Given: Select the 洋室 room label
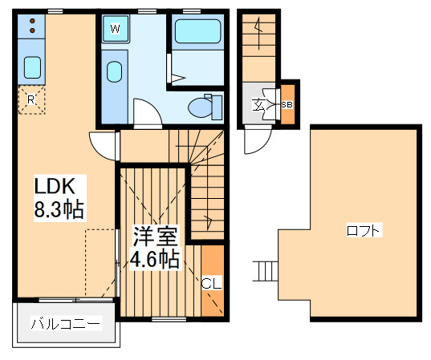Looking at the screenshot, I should [x=155, y=236].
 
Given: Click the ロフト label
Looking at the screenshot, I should [x=364, y=231].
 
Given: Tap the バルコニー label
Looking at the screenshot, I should [x=66, y=325].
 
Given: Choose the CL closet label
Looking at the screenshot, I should [x=210, y=282].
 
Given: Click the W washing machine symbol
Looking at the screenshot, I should [x=116, y=30].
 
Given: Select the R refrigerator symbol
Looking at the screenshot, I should [x=30, y=99].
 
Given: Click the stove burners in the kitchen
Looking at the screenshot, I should [x=32, y=26].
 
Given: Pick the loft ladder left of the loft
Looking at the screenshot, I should [x=265, y=271].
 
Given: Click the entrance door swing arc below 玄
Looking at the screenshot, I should [x=258, y=142].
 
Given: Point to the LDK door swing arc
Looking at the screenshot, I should [x=104, y=145].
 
